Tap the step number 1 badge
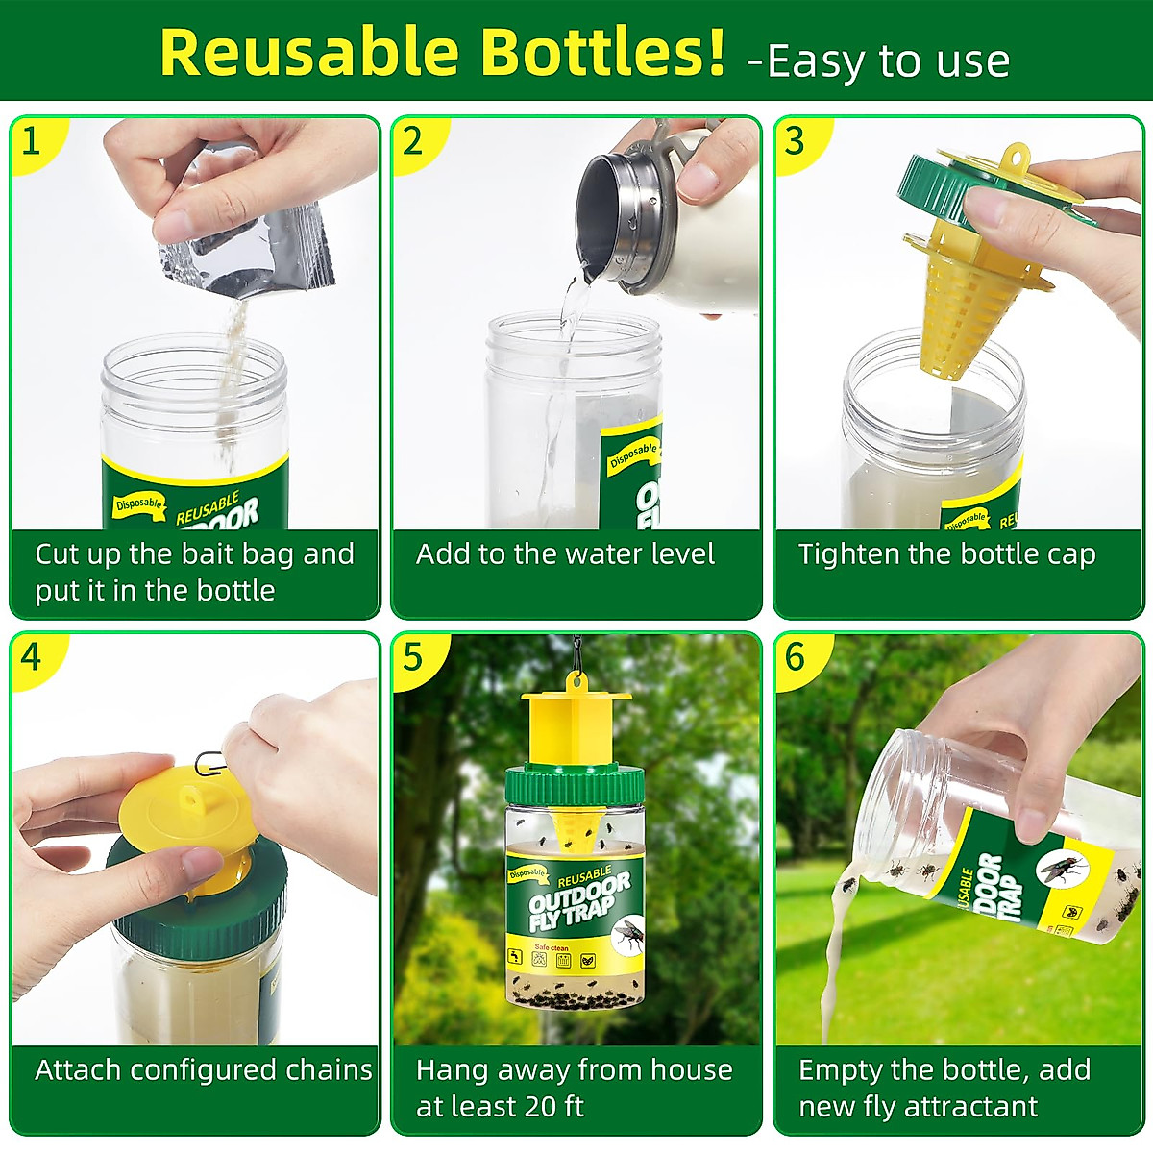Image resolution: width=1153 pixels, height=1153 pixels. pyautogui.click(x=32, y=141)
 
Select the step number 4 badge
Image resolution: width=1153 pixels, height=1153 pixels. pyautogui.click(x=32, y=657)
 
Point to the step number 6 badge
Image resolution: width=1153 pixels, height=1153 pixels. pyautogui.click(x=795, y=657)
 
